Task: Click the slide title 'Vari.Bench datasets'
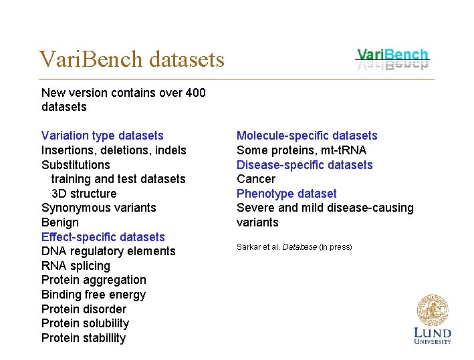[x=132, y=59]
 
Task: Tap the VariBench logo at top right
[x=392, y=58]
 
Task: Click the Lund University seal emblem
[x=432, y=311]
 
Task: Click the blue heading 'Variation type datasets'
[x=102, y=136]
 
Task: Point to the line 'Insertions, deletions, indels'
[x=114, y=150]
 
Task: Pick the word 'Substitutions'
[x=76, y=165]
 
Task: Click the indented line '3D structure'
[x=84, y=194]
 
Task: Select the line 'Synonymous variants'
[x=98, y=208]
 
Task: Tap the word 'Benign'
[x=60, y=222]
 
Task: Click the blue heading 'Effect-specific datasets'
[x=103, y=237]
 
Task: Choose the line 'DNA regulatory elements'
[x=108, y=251]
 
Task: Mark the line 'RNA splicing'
[x=76, y=266]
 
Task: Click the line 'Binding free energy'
[x=94, y=295]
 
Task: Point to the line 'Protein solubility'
[x=85, y=323]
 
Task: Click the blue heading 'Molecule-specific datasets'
[x=307, y=136]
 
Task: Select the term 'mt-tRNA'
[x=342, y=150]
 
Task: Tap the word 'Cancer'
[x=256, y=179]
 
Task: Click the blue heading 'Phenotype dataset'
[x=287, y=194]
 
